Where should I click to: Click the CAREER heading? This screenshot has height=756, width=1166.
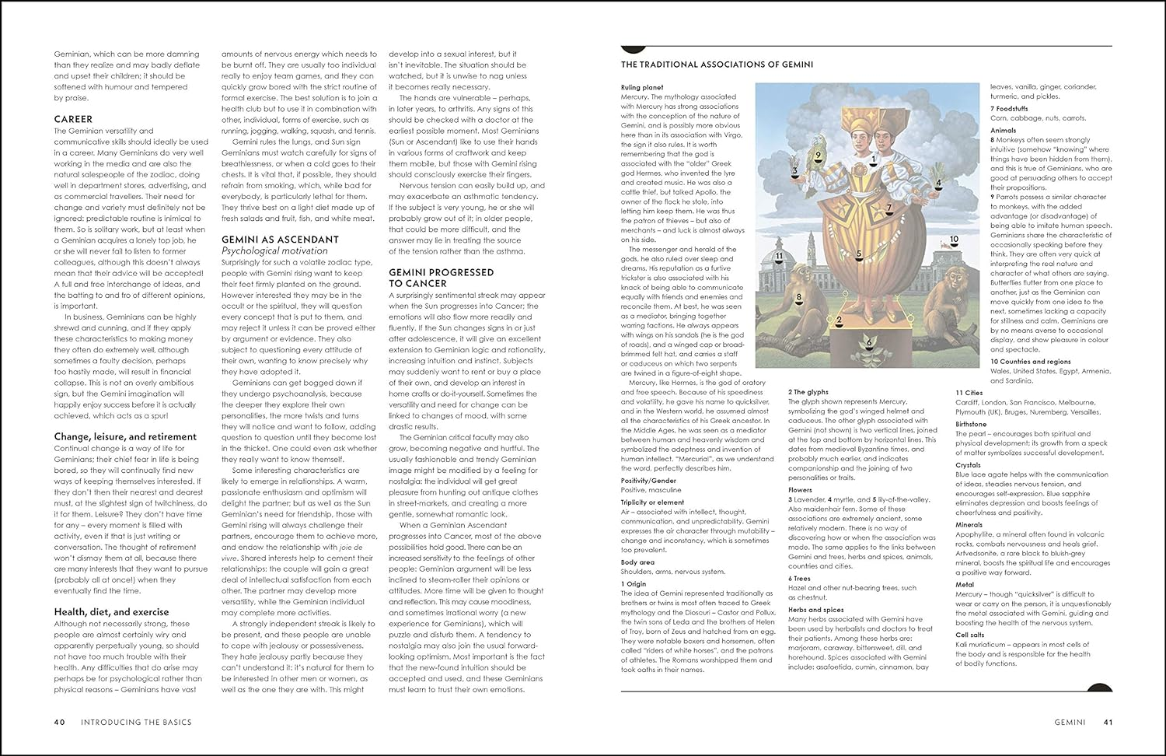tap(73, 119)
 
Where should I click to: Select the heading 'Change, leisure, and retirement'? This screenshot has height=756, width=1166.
tap(125, 436)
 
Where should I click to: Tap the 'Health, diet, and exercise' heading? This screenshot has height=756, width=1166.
tap(111, 612)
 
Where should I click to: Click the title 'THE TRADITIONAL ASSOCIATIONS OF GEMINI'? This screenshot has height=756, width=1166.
tap(717, 65)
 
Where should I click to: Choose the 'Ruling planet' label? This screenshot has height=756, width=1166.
tap(642, 87)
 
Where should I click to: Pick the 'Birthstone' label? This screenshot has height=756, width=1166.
tap(972, 424)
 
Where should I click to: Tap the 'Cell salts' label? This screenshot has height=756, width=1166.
tap(970, 635)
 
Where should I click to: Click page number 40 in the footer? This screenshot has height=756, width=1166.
tap(59, 722)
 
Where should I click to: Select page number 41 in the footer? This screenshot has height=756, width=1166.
tap(1109, 722)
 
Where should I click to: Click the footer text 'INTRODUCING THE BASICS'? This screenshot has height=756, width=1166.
tap(136, 722)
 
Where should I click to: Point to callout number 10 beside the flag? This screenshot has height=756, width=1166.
tap(954, 240)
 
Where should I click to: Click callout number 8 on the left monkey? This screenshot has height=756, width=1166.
tap(798, 297)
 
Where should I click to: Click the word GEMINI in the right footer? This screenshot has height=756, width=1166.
tap(1070, 722)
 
